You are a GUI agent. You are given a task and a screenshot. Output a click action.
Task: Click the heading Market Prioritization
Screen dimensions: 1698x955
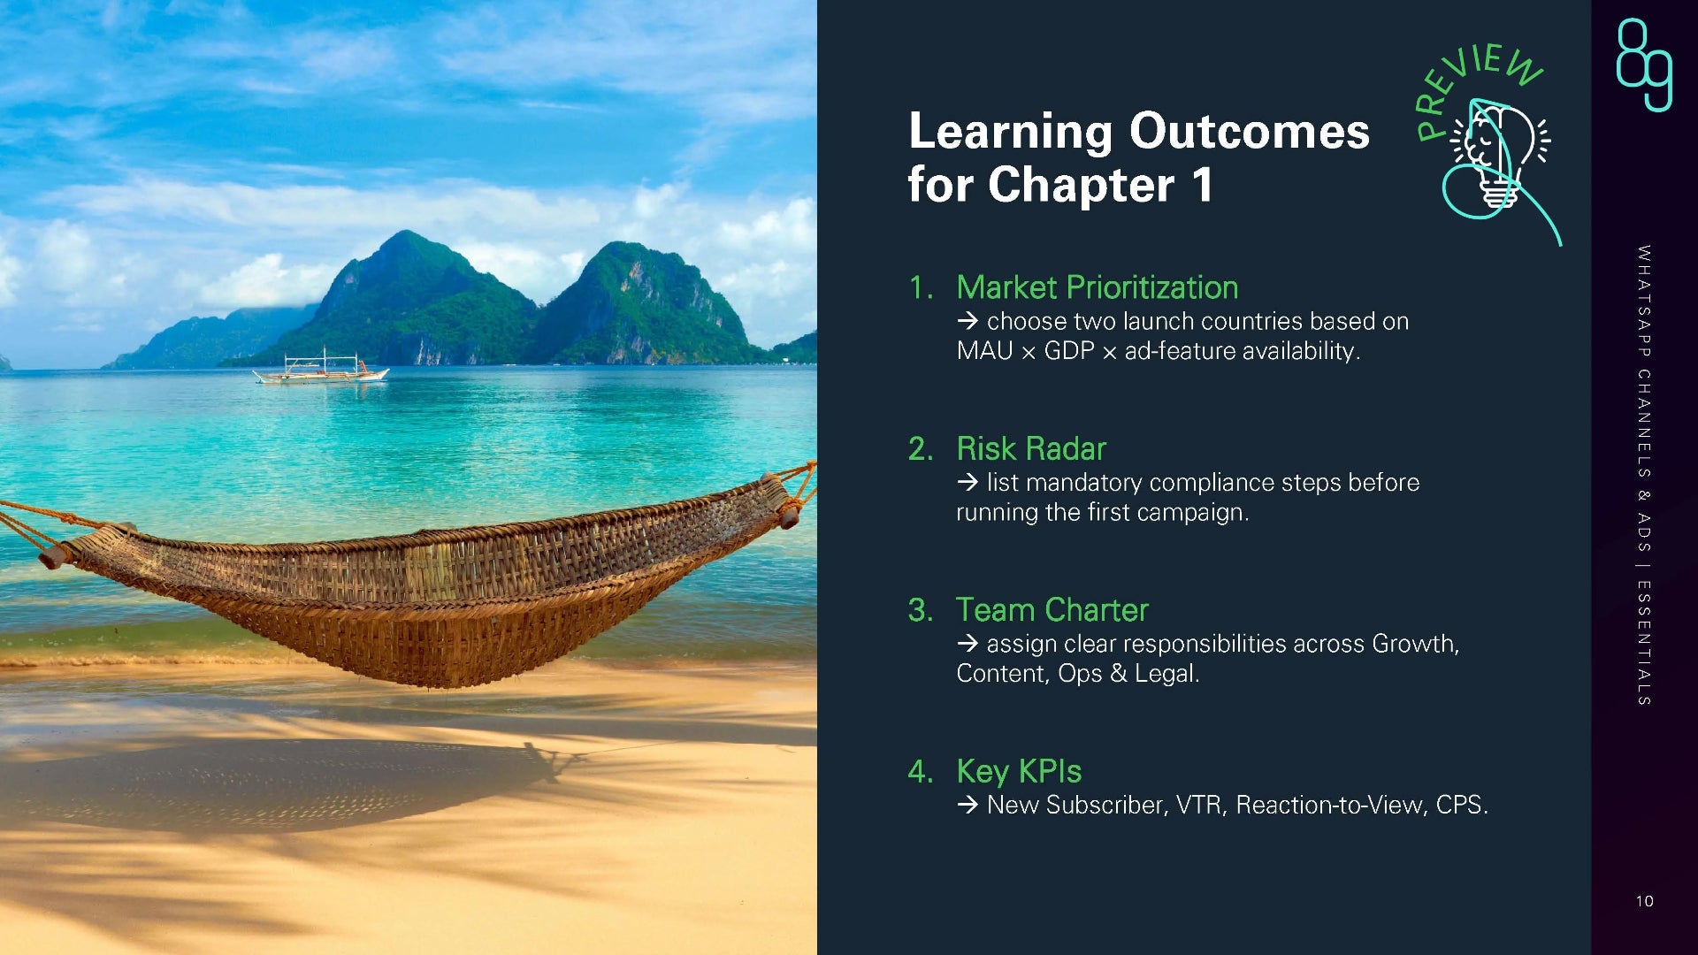pyautogui.click(x=1097, y=287)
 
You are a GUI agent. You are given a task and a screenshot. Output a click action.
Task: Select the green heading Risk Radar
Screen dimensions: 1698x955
pyautogui.click(x=1031, y=448)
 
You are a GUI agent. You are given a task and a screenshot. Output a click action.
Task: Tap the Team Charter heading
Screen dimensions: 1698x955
pyautogui.click(x=1052, y=610)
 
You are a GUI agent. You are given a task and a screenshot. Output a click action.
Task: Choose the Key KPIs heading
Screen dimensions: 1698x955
pyautogui.click(x=1019, y=772)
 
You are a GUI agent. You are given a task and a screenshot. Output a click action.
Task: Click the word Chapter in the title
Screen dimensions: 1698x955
pyautogui.click(x=1082, y=185)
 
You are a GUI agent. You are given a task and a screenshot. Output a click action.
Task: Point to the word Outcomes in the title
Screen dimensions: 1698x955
pyautogui.click(x=1250, y=131)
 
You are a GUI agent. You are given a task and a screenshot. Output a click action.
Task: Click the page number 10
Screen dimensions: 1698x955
pyautogui.click(x=1644, y=901)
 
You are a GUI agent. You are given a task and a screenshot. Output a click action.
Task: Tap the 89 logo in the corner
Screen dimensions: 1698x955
pyautogui.click(x=1644, y=65)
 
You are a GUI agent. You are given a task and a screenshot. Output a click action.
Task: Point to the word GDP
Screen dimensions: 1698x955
pyautogui.click(x=1069, y=351)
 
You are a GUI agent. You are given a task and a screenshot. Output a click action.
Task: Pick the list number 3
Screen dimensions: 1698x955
pyautogui.click(x=920, y=610)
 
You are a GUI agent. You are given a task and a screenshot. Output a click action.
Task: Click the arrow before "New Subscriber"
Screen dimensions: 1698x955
pyautogui.click(x=968, y=805)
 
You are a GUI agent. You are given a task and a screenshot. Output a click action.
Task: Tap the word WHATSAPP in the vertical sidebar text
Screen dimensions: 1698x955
pyautogui.click(x=1644, y=302)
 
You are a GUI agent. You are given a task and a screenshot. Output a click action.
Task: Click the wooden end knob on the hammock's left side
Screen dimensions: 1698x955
pyautogui.click(x=55, y=556)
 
